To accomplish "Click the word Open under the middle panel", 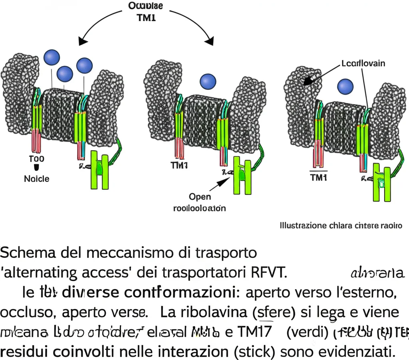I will [x=201, y=197].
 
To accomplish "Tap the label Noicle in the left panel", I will [x=37, y=179].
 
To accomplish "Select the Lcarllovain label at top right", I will [x=363, y=63].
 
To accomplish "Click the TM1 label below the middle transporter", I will [x=179, y=166].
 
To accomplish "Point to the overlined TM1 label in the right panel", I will [x=318, y=178].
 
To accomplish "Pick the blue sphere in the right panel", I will [x=345, y=87].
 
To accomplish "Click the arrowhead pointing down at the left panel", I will [x=83, y=41].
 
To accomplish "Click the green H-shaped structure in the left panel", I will [x=99, y=170].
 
